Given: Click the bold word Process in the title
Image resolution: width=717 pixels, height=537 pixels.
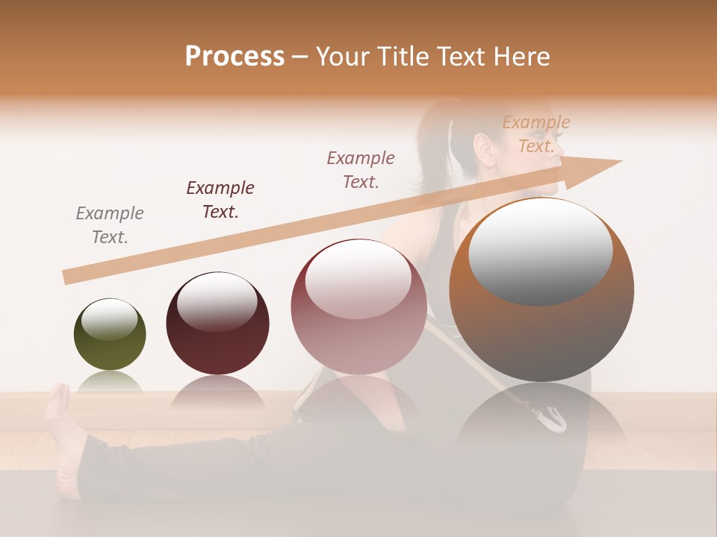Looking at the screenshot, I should coord(235,57).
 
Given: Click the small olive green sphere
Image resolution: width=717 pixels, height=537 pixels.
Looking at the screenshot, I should coord(110,334).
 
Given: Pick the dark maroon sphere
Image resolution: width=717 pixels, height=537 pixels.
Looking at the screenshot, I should coord(217,323).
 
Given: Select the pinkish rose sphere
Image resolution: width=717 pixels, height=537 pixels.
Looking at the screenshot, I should coord(358,307).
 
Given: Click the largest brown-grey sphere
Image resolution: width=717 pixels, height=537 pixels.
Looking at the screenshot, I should coord(541,289).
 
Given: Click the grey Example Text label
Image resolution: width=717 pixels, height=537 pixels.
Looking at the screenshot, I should coord(110,224).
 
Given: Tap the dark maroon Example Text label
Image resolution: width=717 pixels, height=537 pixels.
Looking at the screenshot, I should coord(220,199).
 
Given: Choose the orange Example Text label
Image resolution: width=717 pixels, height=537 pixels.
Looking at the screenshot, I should coord(536,134).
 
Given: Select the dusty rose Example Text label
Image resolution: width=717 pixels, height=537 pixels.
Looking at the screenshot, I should coord(361,169).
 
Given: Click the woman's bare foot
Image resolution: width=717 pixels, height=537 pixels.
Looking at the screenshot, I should coord(60,418).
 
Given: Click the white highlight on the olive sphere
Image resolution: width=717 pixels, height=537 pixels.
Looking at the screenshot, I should coord(109,319).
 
